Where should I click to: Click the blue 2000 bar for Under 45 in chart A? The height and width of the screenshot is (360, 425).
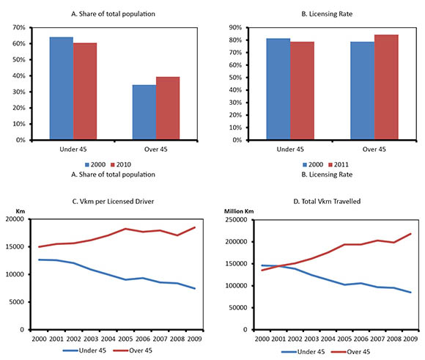(x=61, y=88)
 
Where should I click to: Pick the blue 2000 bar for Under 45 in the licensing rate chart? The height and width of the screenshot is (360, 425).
(x=278, y=89)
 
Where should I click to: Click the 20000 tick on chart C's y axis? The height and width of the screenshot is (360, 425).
(x=17, y=219)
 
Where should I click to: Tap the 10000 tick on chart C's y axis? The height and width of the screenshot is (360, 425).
(x=17, y=274)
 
